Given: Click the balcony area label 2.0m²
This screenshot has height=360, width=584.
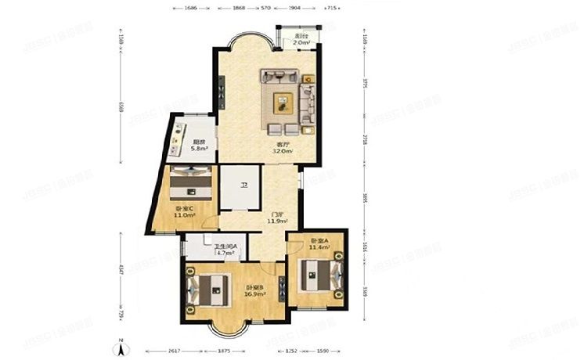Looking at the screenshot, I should (300, 40).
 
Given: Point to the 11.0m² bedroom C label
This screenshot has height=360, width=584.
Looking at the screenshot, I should (185, 211).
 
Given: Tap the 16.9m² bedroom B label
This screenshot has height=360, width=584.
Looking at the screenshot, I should (255, 291).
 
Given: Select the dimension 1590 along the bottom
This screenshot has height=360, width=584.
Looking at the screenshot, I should (323, 350).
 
